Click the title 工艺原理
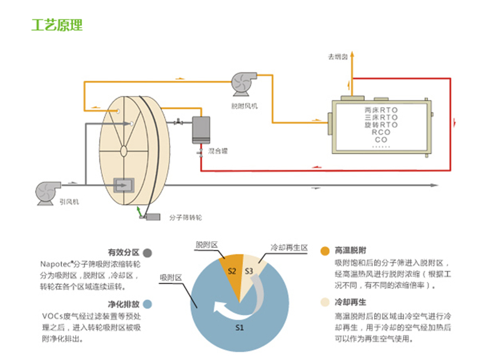(x=57, y=26)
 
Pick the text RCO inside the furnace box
(x=380, y=132)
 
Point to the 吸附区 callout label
(x=171, y=277)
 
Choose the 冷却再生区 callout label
(x=289, y=247)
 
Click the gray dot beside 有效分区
(x=147, y=253)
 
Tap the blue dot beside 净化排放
(x=147, y=304)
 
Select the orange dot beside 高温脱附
(x=325, y=250)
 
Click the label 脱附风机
(x=243, y=106)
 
